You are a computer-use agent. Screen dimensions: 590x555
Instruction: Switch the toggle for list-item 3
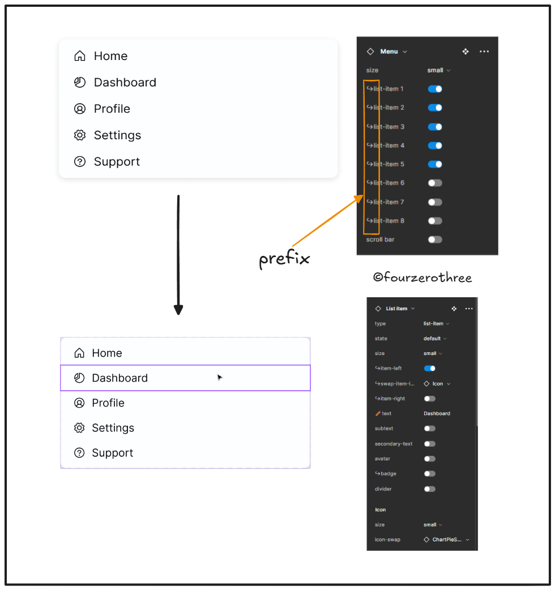click(x=435, y=127)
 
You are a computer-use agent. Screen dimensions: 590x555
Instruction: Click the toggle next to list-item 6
click(x=435, y=183)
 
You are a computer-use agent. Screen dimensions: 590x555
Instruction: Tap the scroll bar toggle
click(x=435, y=240)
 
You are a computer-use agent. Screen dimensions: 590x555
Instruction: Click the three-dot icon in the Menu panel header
click(x=484, y=52)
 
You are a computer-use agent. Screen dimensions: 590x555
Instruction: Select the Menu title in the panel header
click(x=389, y=52)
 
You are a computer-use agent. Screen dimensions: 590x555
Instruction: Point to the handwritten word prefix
click(x=284, y=259)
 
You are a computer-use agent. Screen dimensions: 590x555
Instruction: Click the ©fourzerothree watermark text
click(x=422, y=277)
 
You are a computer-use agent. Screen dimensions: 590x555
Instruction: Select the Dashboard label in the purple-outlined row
click(x=119, y=378)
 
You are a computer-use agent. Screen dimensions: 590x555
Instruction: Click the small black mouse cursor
click(x=220, y=378)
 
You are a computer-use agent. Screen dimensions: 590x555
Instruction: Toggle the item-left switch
click(x=430, y=369)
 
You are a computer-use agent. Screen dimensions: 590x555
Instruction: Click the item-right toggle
click(x=430, y=399)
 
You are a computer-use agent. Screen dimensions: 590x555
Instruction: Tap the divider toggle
click(x=430, y=489)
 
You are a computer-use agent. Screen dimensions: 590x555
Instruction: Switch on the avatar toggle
click(x=430, y=459)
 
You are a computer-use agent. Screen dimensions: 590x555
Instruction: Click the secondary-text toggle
click(x=430, y=444)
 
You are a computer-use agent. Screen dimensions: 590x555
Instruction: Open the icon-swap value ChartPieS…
click(x=447, y=540)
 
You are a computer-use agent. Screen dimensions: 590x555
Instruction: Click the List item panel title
click(x=396, y=309)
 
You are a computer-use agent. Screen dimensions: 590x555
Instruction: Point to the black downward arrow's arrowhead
click(x=178, y=310)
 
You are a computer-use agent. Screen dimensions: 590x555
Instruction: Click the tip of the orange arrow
click(x=361, y=196)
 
